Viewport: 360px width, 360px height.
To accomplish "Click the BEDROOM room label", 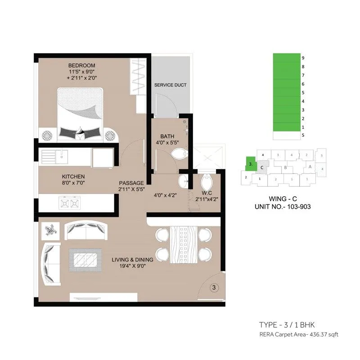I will point(82,66).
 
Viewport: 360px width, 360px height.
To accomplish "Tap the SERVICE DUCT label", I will point(170,85).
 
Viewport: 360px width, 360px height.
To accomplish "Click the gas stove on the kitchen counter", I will point(69,203).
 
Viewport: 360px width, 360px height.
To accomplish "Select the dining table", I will point(183,245).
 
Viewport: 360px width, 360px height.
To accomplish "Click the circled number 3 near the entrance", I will point(215,286).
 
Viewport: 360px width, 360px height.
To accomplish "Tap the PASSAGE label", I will point(131,183).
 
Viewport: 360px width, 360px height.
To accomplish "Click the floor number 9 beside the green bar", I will point(304,58).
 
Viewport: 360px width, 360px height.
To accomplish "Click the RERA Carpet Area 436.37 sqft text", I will point(298,334).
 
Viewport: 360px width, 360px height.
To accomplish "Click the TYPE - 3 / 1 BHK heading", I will point(290,325).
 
